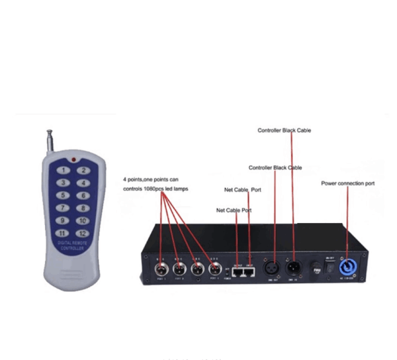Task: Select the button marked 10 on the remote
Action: pos(82,220)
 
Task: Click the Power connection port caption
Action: pos(347,183)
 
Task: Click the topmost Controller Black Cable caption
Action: pos(284,130)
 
